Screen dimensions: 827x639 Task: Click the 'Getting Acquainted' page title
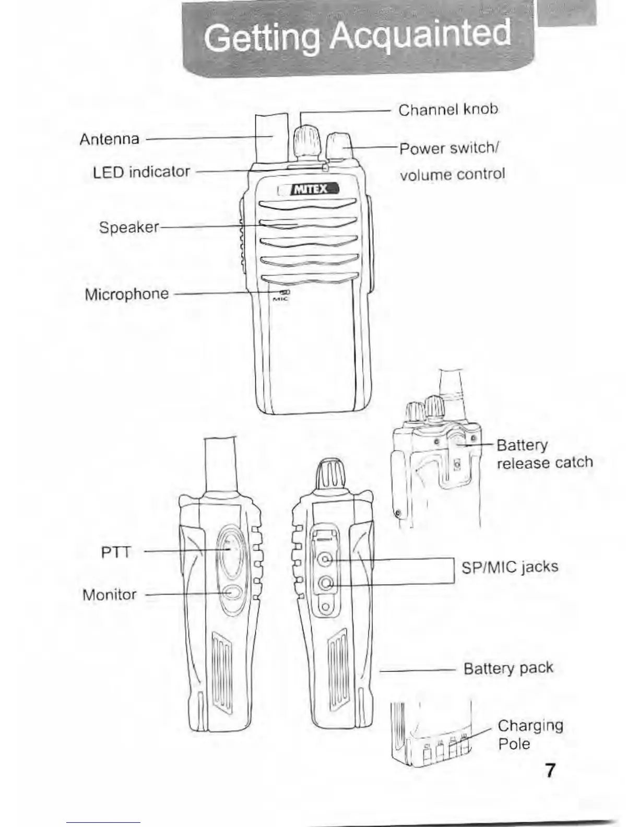pyautogui.click(x=357, y=37)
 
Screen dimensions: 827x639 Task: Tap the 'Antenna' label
pyautogui.click(x=110, y=139)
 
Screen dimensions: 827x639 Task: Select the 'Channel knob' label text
pyautogui.click(x=448, y=110)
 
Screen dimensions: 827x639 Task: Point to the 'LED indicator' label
pyautogui.click(x=141, y=172)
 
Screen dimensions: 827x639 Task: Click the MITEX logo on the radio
pyautogui.click(x=310, y=188)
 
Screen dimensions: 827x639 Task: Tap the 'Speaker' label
pyautogui.click(x=129, y=227)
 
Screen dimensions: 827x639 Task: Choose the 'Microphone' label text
pyautogui.click(x=127, y=294)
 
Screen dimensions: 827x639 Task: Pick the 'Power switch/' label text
pyautogui.click(x=449, y=149)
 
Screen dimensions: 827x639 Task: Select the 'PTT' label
pyautogui.click(x=116, y=552)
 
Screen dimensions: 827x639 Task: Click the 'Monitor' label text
pyautogui.click(x=110, y=595)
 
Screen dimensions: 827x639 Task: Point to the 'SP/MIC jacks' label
pyautogui.click(x=510, y=567)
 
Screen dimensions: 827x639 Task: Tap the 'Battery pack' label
pyautogui.click(x=508, y=668)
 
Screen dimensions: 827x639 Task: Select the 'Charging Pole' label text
pyautogui.click(x=530, y=734)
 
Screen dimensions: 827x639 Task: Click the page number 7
pyautogui.click(x=550, y=770)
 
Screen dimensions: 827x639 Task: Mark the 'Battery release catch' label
pyautogui.click(x=544, y=454)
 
